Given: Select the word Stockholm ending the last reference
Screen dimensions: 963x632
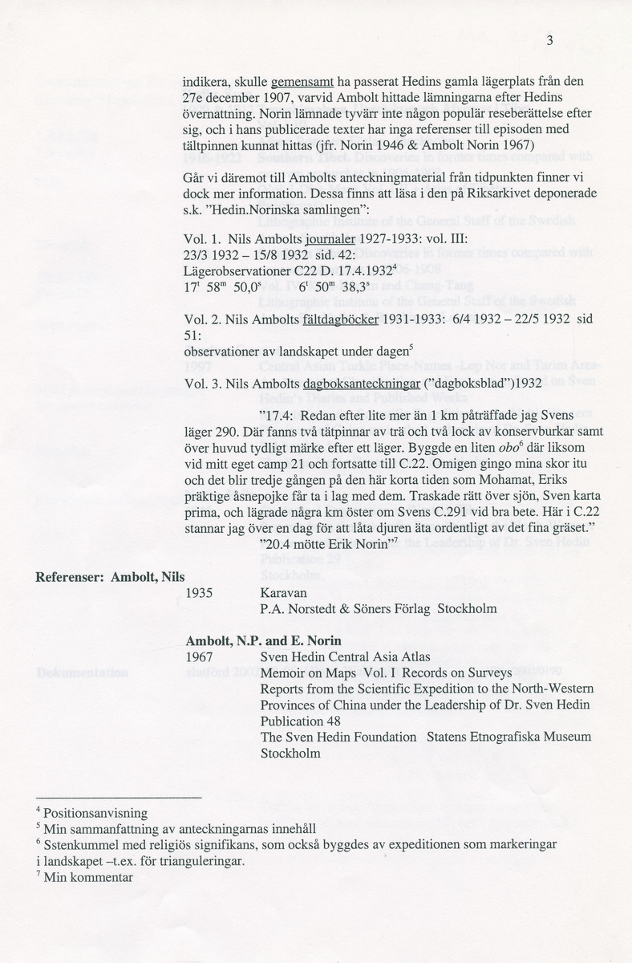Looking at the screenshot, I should click(x=290, y=754).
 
